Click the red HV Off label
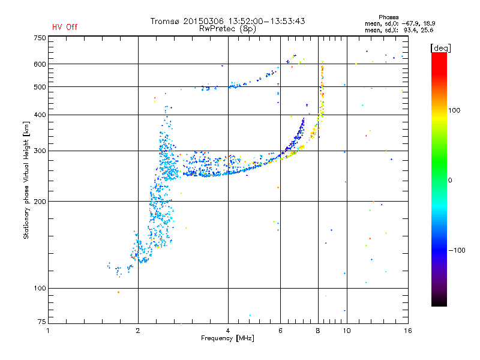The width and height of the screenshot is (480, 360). [x=64, y=27]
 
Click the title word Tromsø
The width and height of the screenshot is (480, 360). [x=169, y=21]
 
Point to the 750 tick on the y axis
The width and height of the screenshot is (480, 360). [x=40, y=38]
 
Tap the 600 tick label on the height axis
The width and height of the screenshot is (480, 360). [x=40, y=64]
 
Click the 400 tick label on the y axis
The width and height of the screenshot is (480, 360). [x=40, y=115]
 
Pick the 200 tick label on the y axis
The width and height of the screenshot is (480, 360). [x=40, y=202]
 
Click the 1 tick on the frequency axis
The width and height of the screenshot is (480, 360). [x=48, y=330]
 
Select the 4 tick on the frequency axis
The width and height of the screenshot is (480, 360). [x=228, y=330]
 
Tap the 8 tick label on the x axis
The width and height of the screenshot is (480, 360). [x=318, y=330]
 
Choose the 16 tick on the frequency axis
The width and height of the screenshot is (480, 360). [x=406, y=330]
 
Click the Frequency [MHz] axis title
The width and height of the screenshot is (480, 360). [x=227, y=338]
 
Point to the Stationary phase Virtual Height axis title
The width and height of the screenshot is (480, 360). [x=26, y=180]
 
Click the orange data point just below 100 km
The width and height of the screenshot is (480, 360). [x=118, y=292]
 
